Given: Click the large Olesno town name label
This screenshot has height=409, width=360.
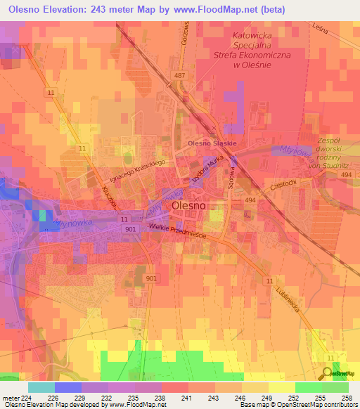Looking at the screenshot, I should (x=189, y=207).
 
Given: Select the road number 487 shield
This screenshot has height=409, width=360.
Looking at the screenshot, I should (x=179, y=75).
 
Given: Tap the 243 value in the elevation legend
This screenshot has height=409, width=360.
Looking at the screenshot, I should (x=230, y=398).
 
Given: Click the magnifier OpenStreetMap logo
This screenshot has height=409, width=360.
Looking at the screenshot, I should (x=328, y=372).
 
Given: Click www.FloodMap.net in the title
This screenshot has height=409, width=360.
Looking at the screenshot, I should (x=220, y=9).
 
